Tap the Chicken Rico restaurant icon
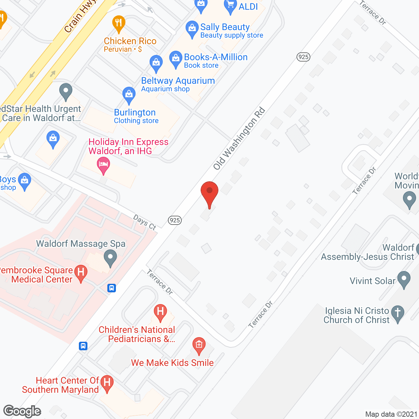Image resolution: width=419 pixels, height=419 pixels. coord(118,23)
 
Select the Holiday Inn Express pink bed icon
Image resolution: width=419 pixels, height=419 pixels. coord(103,165)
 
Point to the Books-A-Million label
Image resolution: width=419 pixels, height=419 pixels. coord(215,57)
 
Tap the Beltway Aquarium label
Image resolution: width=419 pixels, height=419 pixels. coord(178,81)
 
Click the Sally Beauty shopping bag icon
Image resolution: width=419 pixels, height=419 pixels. coord(192,28)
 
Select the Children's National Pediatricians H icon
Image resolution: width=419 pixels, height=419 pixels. coord(160,311)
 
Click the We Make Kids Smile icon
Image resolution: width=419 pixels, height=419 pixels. coord(199,345)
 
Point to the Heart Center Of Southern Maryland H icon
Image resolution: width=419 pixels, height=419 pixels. coord(107,383)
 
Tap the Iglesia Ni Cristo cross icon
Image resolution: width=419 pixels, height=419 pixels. coord(398,313)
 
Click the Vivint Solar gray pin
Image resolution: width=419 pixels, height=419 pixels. coord(404,279)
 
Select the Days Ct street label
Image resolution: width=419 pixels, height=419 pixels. coord(144,222)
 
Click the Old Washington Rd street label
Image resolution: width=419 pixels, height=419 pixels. coord(239,138)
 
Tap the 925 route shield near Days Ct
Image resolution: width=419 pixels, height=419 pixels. coord(175,220)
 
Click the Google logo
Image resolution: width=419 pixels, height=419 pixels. coord(22,411)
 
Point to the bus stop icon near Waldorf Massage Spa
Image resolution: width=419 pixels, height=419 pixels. coord(112,288)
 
